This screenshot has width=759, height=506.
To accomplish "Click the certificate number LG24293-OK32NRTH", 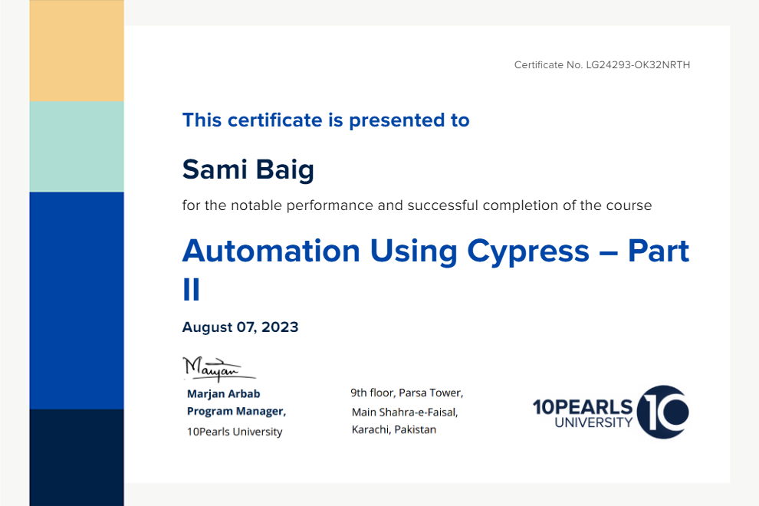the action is click(x=638, y=65).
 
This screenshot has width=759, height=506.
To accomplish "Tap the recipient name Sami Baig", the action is click(x=248, y=170).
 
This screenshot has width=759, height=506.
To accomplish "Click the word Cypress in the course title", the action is click(x=528, y=252).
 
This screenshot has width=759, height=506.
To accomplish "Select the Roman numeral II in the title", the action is click(x=191, y=290).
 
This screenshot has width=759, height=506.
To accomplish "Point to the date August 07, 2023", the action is click(x=240, y=327).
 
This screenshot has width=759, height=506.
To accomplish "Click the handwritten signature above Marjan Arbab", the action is click(x=219, y=369).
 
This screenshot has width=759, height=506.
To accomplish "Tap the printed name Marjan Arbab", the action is click(x=224, y=393).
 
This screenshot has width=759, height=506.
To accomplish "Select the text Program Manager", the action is click(x=236, y=411).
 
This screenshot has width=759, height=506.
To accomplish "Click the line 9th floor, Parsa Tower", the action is click(x=407, y=393).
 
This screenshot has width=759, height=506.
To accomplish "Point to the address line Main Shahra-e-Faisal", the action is click(x=405, y=412).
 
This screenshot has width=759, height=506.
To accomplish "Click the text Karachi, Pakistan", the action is click(x=393, y=429).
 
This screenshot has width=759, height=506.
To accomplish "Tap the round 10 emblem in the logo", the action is click(x=663, y=412).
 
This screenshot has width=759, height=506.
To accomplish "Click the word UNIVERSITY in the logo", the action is click(x=593, y=422).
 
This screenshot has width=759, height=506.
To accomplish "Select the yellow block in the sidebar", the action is click(x=77, y=51).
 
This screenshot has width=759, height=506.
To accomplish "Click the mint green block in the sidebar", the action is click(x=77, y=146).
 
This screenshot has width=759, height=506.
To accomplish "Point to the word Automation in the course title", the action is click(x=271, y=251).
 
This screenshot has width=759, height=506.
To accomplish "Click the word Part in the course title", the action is click(x=659, y=251).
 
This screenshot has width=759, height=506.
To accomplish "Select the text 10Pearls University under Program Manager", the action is click(x=235, y=432).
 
